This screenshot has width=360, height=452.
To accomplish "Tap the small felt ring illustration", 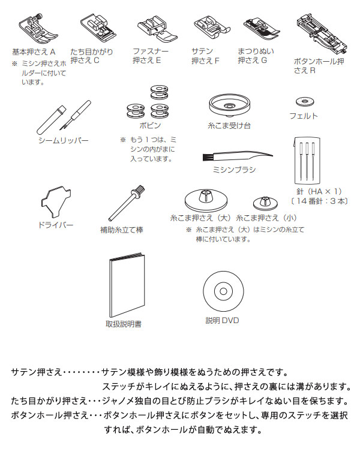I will point(303,100).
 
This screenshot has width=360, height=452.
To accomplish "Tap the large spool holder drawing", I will point(204,201).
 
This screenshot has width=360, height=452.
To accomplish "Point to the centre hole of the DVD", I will point(222,291).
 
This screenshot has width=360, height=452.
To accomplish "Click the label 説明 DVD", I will point(222,320).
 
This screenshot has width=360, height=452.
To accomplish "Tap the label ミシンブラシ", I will point(234,170).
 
